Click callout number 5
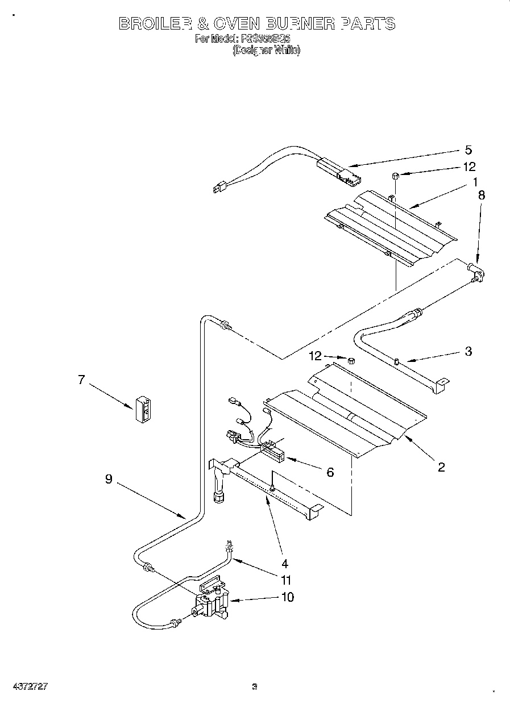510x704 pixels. pyautogui.click(x=468, y=150)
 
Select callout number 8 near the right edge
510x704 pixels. pyautogui.click(x=482, y=194)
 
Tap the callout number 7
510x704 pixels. pyautogui.click(x=81, y=380)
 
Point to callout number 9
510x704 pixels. pyautogui.click(x=109, y=479)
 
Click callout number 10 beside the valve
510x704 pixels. pyautogui.click(x=288, y=597)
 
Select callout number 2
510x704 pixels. pyautogui.click(x=441, y=467)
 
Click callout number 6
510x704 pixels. pyautogui.click(x=330, y=472)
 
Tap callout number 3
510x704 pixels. pyautogui.click(x=468, y=351)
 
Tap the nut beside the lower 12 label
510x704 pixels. pyautogui.click(x=351, y=360)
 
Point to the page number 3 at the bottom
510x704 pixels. pyautogui.click(x=255, y=686)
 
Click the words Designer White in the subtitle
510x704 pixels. pyautogui.click(x=266, y=50)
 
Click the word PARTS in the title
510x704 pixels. pyautogui.click(x=367, y=23)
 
